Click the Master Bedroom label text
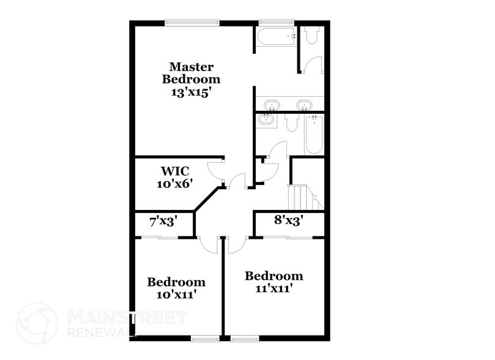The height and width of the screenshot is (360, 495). [x=190, y=73]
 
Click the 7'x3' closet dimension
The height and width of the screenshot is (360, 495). [x=163, y=220]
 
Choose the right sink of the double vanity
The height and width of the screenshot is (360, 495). [x=304, y=105]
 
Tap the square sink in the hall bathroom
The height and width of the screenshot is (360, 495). [x=266, y=121]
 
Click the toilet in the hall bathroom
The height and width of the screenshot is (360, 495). [x=291, y=124]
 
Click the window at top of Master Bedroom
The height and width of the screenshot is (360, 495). [x=191, y=23]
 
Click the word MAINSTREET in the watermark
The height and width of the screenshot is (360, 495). [x=126, y=317]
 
